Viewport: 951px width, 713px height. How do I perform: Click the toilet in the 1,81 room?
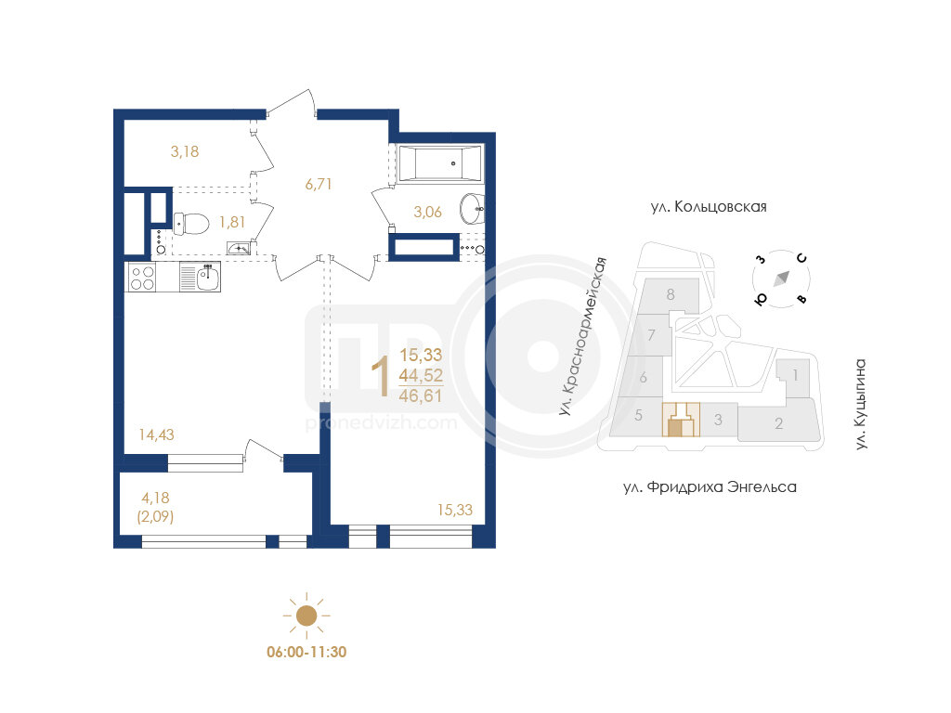191,224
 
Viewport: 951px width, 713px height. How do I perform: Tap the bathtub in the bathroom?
439,162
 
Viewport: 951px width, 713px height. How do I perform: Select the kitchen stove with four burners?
142,279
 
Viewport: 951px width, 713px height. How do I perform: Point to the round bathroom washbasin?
472,209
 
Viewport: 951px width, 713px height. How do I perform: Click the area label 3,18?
185,151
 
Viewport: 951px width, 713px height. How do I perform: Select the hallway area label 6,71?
319,184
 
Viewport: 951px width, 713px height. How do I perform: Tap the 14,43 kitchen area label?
156,434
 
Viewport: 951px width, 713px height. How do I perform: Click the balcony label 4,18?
155,498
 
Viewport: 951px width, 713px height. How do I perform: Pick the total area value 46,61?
421,395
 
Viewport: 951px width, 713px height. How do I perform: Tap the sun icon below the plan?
306,616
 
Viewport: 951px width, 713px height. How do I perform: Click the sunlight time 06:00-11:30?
306,653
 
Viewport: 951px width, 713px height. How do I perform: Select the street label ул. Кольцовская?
709,207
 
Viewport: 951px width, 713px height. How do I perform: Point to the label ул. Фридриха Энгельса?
710,486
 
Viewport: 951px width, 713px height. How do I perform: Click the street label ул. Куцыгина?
860,405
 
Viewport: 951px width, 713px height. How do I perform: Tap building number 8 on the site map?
671,294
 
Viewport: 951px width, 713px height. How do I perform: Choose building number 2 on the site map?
779,423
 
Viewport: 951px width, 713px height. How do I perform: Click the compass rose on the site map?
781,279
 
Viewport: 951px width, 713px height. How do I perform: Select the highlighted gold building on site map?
681,420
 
